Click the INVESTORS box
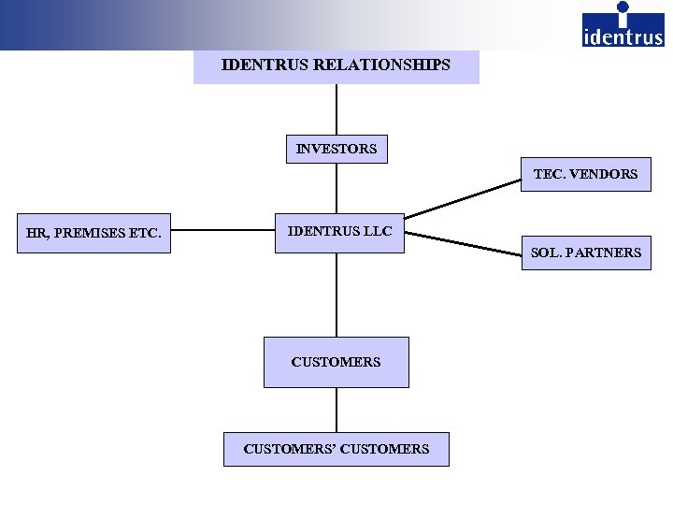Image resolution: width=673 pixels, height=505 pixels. [336, 149]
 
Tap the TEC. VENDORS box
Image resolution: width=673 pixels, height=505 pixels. [585, 174]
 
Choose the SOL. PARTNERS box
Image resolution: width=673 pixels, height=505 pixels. [586, 252]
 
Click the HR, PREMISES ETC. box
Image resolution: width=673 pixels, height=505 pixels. [94, 234]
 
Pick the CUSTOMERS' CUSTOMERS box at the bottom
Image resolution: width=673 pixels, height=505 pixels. [336, 449]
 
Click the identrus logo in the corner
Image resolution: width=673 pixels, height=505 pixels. [623, 25]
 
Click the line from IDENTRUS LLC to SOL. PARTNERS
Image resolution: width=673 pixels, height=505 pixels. [463, 242]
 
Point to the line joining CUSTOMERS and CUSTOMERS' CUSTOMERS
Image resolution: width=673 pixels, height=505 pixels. [336, 410]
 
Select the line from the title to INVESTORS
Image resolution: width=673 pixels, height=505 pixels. [336, 110]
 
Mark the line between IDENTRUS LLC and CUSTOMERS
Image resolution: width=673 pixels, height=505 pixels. [336, 295]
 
